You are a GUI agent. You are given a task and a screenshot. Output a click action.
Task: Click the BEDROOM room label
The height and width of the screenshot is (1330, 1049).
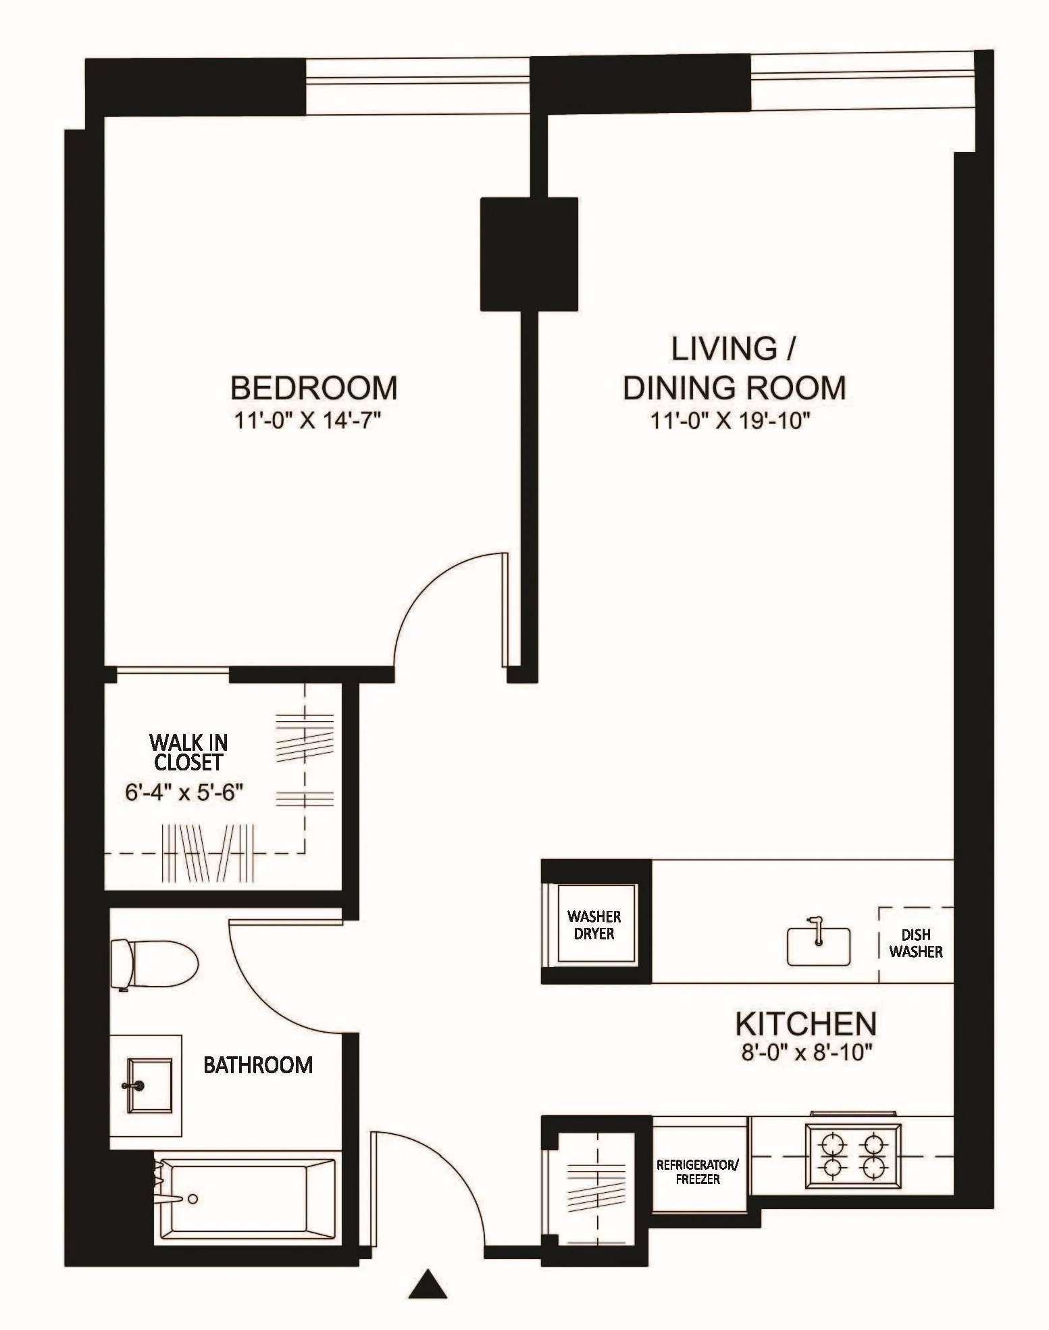[x=314, y=388]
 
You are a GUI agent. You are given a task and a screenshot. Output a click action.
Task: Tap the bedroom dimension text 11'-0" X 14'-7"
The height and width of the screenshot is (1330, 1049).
[x=308, y=421]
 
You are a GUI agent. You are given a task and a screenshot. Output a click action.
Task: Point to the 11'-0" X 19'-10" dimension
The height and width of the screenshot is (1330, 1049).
[x=730, y=421]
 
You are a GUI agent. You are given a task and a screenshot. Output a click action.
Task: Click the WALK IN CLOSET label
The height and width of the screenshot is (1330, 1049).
[x=188, y=752]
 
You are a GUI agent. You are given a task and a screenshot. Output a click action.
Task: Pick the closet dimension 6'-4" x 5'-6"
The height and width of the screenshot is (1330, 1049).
[x=184, y=792]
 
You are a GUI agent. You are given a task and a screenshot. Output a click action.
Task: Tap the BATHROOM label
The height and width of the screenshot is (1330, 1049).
[x=258, y=1065]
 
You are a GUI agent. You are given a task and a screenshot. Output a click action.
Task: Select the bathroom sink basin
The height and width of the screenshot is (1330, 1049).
[x=150, y=1085]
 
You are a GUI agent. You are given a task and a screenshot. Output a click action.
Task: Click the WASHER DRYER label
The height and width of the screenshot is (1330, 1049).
[x=594, y=925]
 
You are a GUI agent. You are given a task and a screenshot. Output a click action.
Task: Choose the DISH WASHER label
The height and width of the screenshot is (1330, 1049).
[x=916, y=943]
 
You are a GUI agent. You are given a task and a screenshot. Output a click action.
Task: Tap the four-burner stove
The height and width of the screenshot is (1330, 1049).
[x=852, y=1156]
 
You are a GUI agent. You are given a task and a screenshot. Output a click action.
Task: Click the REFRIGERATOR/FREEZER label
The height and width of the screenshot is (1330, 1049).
[x=698, y=1172]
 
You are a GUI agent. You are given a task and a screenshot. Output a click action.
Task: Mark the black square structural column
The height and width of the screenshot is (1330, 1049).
[x=529, y=254]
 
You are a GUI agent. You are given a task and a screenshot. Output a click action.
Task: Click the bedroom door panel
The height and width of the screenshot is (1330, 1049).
[x=505, y=609]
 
